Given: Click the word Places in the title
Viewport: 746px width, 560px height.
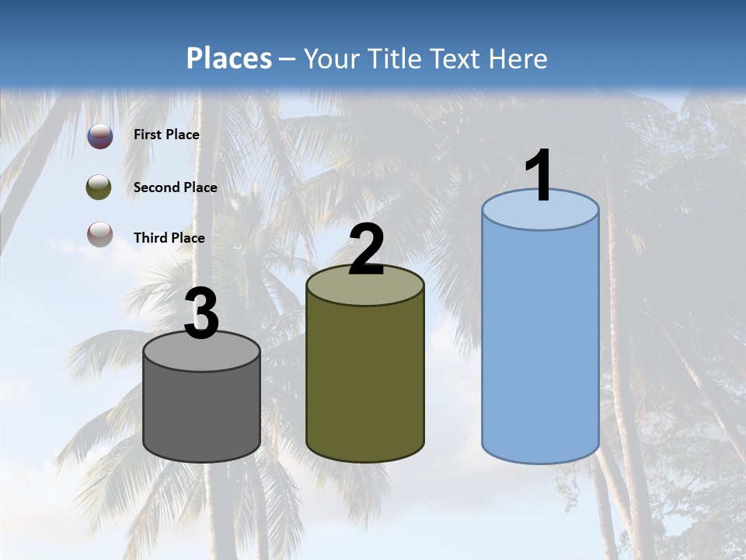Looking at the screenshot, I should coord(229,58).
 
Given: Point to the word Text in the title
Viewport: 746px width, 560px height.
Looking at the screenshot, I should coord(452,58).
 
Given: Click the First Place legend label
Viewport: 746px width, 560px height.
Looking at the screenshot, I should coord(166,135).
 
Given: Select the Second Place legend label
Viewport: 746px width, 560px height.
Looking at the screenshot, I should coord(175,187).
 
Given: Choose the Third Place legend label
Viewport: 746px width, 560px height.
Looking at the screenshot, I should coord(169,238).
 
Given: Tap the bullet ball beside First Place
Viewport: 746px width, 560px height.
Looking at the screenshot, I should coord(99,136).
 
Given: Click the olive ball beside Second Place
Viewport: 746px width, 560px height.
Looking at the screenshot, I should coord(99,187).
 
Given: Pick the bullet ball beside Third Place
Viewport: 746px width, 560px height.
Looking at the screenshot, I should coord(99,234).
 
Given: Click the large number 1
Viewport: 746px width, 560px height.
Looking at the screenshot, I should coord(539,176).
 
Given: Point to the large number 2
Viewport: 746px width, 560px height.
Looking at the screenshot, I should coord(367,250).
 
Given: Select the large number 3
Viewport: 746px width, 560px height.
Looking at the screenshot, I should coord(202,313).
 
